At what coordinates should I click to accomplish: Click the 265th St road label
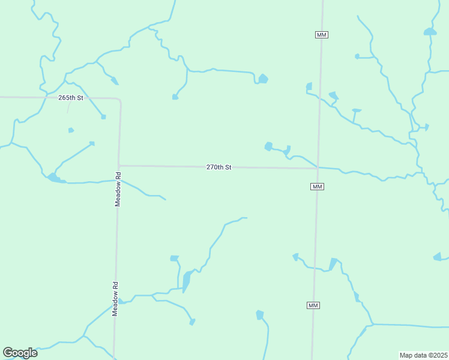click(x=70, y=97)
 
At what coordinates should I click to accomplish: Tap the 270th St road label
click(x=218, y=167)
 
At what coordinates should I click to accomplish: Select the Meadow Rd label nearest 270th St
click(x=118, y=190)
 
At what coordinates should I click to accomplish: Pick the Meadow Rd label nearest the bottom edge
click(x=116, y=296)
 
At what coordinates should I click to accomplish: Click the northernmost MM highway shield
click(x=321, y=35)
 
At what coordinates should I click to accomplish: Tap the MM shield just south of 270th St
click(x=318, y=187)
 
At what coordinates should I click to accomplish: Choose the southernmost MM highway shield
click(x=313, y=305)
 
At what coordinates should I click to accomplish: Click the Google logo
click(x=20, y=353)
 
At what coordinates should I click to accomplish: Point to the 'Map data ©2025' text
click(x=423, y=355)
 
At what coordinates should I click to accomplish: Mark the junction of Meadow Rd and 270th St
click(x=119, y=166)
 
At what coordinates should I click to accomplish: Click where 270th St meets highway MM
click(x=318, y=168)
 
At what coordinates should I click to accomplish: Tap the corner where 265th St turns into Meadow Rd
click(x=120, y=100)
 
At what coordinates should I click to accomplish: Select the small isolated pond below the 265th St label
click(x=71, y=130)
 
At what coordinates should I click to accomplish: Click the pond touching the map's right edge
click(x=438, y=257)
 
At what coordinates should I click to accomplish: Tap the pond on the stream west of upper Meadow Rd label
click(x=54, y=178)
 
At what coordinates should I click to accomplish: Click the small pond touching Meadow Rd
click(x=121, y=301)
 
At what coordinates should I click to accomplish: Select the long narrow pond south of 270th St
click(x=187, y=280)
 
